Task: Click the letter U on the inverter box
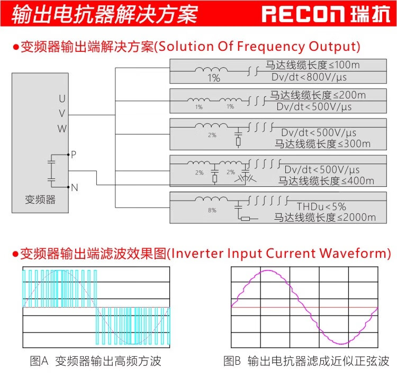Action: coord(62,98)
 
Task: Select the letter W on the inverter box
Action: coord(62,128)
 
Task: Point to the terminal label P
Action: coord(74,155)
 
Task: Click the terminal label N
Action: coord(74,187)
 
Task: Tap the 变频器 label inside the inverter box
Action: coord(40,200)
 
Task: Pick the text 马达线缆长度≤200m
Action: coord(318,95)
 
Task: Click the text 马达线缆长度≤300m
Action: coord(322,143)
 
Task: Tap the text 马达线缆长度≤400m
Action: coord(326,181)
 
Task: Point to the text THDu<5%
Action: coord(321,206)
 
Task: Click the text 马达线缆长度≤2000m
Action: coord(324,218)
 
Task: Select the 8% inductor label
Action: coord(212,210)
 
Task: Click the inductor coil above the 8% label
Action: coord(212,199)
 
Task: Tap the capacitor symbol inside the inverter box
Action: coord(51,170)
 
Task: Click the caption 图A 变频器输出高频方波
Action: coord(95,362)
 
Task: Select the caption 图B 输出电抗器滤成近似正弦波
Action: coord(306,362)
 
